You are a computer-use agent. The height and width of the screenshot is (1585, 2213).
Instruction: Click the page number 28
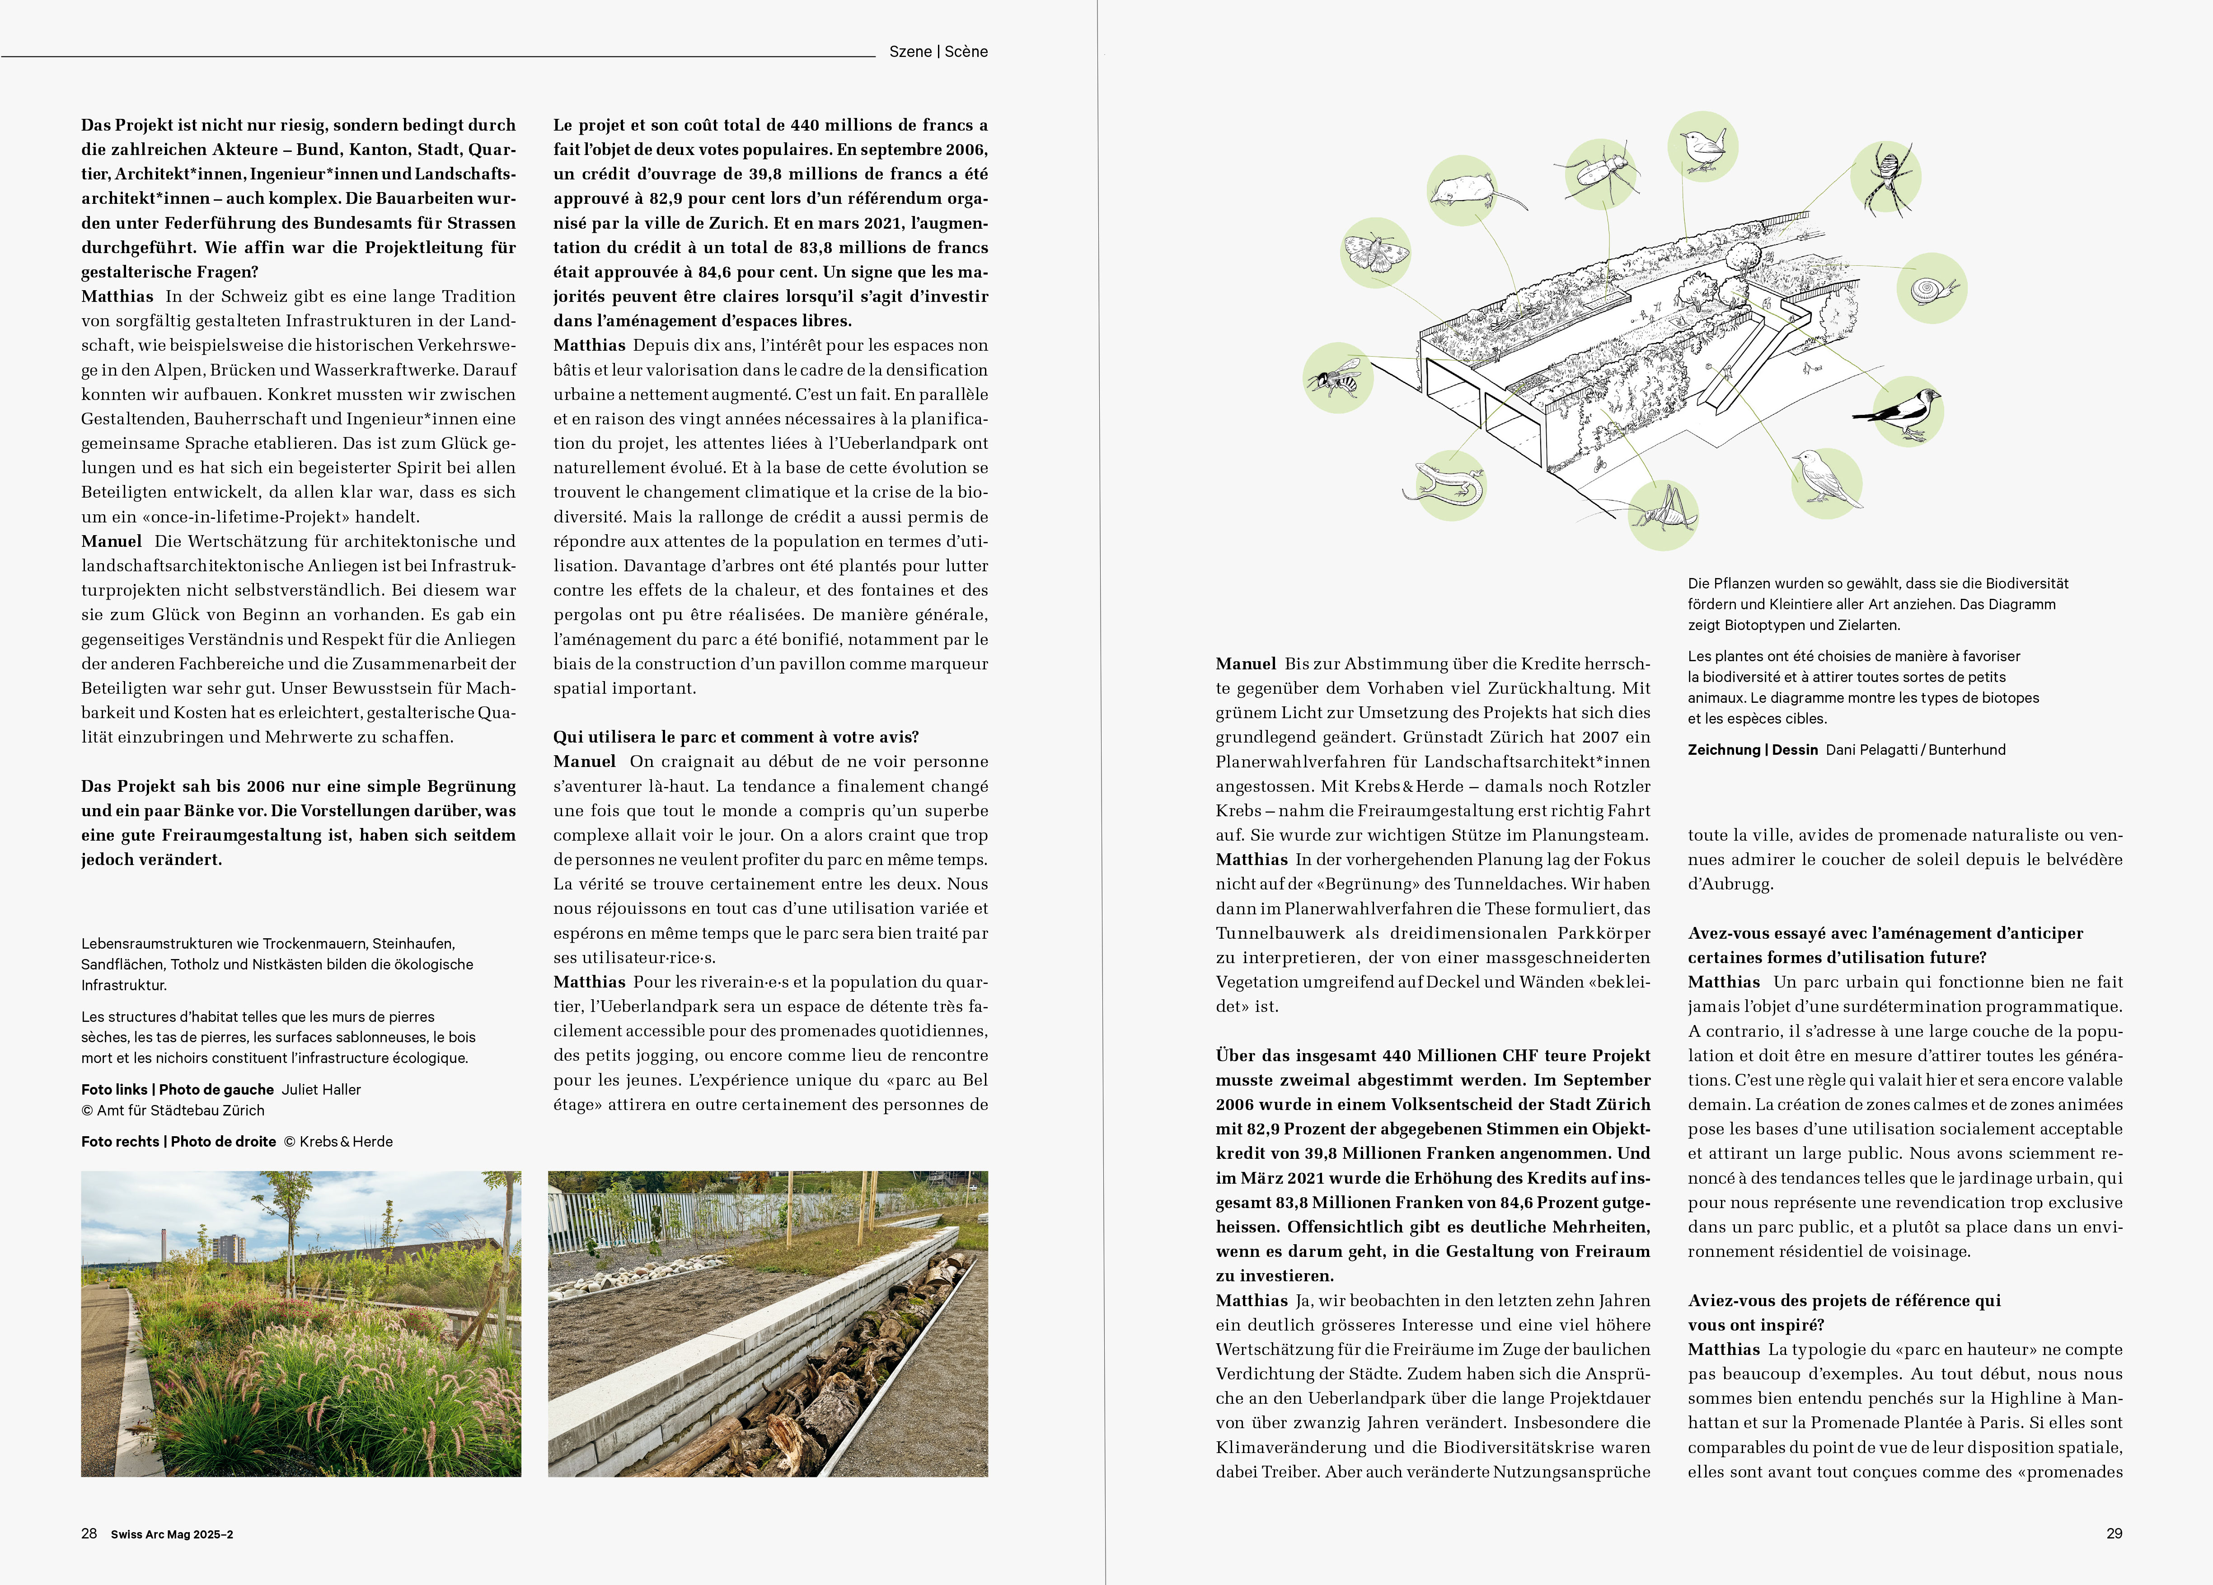(89, 1533)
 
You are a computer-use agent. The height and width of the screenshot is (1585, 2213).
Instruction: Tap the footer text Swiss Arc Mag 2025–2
(172, 1534)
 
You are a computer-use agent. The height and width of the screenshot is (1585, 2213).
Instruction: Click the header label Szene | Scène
(938, 52)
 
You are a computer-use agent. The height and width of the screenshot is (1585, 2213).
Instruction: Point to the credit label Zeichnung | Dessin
(1753, 749)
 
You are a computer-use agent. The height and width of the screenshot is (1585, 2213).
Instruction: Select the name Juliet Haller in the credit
(321, 1089)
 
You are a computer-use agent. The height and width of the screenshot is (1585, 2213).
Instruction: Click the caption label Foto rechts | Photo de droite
(178, 1141)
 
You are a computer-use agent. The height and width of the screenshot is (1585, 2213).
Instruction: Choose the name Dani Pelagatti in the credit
(1869, 749)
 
